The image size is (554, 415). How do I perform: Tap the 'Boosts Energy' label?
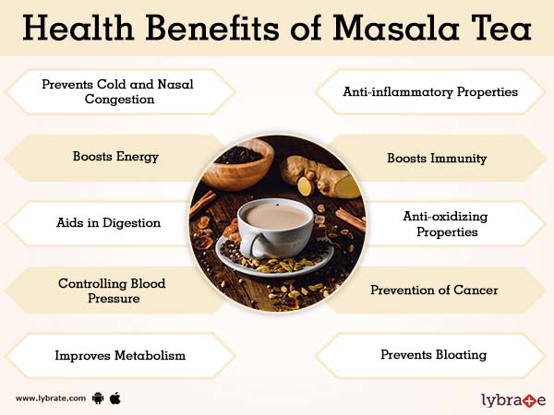tap(115, 157)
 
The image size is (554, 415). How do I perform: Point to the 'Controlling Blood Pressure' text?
tap(112, 291)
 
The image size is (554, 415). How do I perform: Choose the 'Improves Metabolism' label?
tap(120, 355)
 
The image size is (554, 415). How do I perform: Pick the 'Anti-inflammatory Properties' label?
tap(430, 91)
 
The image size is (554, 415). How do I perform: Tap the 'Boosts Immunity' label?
tap(437, 158)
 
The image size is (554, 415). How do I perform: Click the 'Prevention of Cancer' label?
tap(434, 290)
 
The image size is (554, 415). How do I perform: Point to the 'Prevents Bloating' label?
tap(434, 354)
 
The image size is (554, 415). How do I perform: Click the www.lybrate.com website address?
tap(51, 398)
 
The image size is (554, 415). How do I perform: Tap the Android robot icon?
tap(99, 398)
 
